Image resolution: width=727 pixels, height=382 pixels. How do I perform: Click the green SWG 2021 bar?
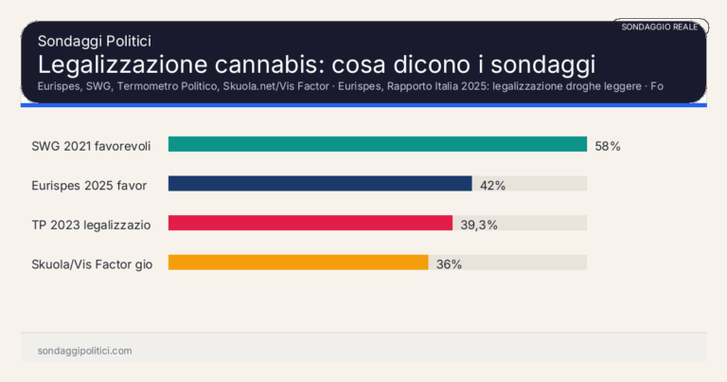point(377,144)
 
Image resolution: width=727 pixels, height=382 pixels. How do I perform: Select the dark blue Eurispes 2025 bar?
point(320,184)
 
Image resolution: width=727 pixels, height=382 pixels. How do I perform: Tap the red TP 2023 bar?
point(310,223)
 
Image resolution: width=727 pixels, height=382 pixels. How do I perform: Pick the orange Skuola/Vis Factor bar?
point(298,263)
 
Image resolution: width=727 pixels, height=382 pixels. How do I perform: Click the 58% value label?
point(607,146)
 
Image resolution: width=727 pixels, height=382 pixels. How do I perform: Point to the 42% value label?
point(492,185)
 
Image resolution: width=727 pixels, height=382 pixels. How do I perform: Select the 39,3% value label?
point(478,225)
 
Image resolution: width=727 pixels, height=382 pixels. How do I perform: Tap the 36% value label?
point(449,264)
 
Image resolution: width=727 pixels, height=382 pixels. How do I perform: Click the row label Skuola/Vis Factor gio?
point(92,264)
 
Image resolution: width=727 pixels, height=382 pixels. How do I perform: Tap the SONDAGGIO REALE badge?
point(659,27)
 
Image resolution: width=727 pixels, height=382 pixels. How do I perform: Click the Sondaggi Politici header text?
point(95,41)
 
